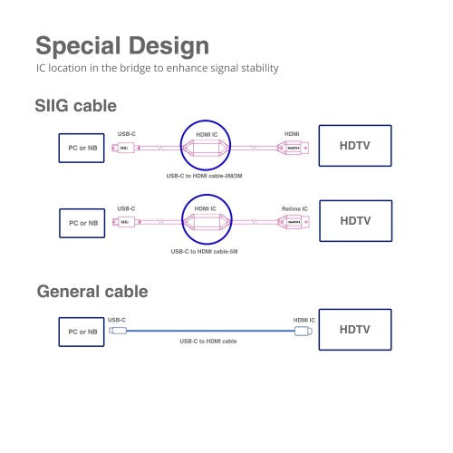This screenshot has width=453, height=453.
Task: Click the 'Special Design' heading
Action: tap(121, 45)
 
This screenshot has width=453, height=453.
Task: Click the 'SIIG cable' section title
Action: tap(76, 105)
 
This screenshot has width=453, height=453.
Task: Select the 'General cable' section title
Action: tap(92, 292)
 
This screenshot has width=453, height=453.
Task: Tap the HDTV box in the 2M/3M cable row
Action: tap(353, 146)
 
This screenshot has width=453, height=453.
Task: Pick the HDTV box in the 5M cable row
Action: tap(353, 220)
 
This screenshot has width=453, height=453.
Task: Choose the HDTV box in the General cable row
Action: tap(353, 330)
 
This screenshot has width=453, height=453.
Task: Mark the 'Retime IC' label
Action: tap(295, 208)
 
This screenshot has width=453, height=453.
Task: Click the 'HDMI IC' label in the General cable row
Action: tap(304, 320)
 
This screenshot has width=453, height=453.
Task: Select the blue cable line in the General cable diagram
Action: tap(208, 332)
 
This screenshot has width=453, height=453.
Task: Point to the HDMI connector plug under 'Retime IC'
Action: tap(294, 221)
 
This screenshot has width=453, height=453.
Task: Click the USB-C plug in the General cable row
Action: tap(117, 332)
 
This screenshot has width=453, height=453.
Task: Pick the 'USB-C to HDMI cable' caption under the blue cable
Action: tap(207, 341)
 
